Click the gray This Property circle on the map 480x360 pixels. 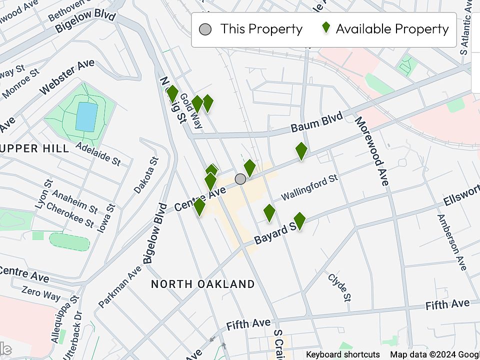click(240, 179)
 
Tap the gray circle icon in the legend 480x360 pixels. click(205, 29)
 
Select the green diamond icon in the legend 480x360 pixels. click(326, 28)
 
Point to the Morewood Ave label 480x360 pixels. click(371, 151)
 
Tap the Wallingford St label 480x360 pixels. click(309, 187)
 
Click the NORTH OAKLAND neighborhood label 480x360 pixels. click(203, 284)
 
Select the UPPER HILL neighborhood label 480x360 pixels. click(34, 148)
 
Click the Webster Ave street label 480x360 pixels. click(67, 77)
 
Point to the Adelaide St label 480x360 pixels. click(98, 153)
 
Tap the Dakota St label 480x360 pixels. click(146, 175)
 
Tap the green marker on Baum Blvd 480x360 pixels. click(301, 151)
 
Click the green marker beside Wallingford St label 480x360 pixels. click(269, 213)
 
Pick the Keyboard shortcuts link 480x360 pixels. click(343, 354)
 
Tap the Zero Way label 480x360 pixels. click(41, 292)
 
